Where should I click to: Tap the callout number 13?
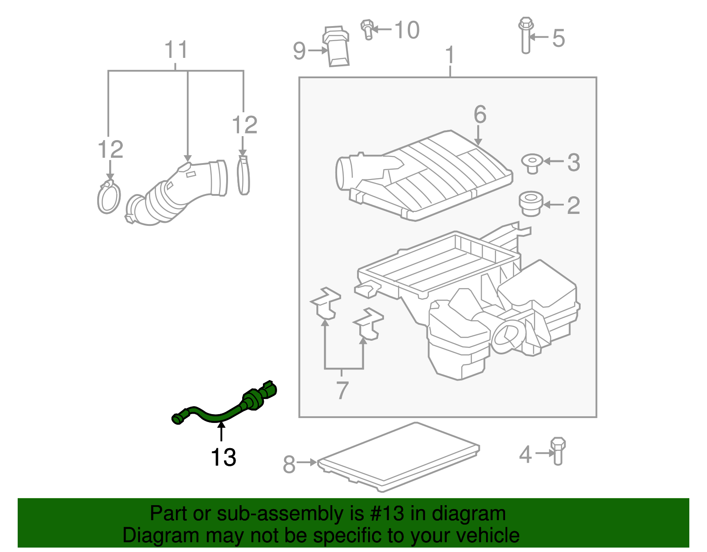[223, 457]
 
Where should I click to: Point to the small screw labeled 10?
[367, 29]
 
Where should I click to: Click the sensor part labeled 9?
[337, 47]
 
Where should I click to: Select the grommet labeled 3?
[532, 163]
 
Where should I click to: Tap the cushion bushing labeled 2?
[531, 204]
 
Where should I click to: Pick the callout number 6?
[480, 114]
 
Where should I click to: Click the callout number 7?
[342, 390]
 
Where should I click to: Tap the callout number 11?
[176, 50]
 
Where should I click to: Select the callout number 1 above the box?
[450, 55]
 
